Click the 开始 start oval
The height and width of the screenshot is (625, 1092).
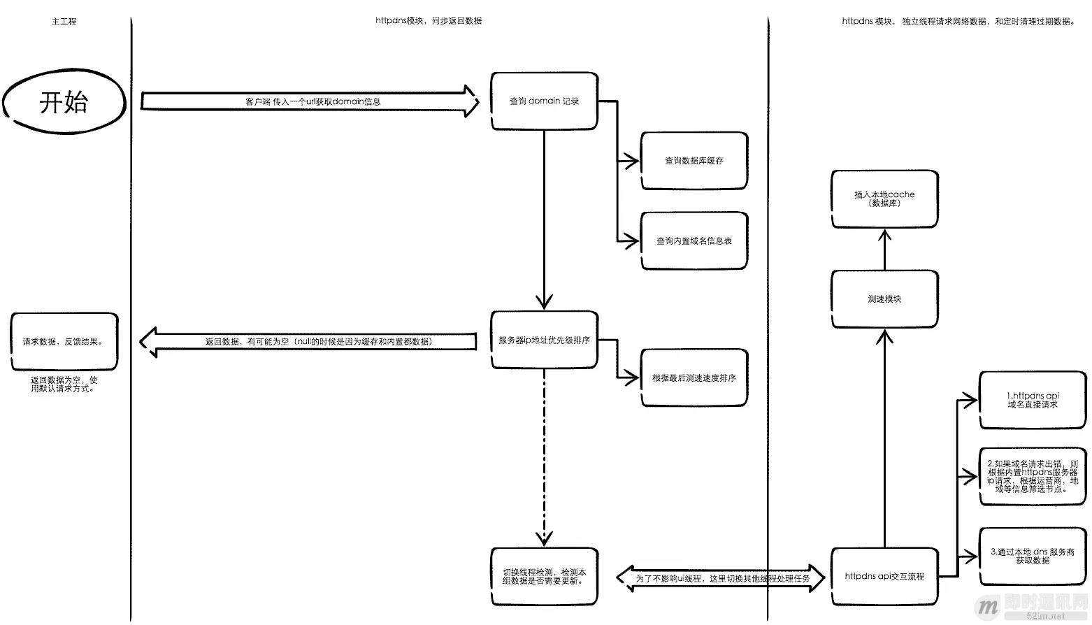pyautogui.click(x=64, y=103)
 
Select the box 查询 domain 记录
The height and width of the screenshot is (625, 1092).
pyautogui.click(x=544, y=101)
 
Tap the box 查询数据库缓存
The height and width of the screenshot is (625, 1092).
pyautogui.click(x=694, y=161)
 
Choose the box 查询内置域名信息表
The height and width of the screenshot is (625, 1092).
pyautogui.click(x=694, y=241)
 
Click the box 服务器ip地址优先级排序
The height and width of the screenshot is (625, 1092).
pyautogui.click(x=544, y=340)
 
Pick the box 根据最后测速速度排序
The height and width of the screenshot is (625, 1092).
pyautogui.click(x=694, y=378)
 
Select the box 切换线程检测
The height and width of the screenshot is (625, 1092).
pyautogui.click(x=544, y=577)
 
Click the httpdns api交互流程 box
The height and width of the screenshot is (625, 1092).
pyautogui.click(x=884, y=577)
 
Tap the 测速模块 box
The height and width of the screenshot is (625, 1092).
pyautogui.click(x=884, y=299)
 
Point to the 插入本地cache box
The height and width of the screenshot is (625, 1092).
pyautogui.click(x=884, y=199)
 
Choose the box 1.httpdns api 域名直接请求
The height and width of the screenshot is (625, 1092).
pyautogui.click(x=1033, y=400)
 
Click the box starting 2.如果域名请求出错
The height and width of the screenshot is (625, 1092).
pyautogui.click(x=1033, y=477)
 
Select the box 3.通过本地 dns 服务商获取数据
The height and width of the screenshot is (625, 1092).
pyautogui.click(x=1033, y=556)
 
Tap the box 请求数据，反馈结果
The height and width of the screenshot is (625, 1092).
pyautogui.click(x=64, y=342)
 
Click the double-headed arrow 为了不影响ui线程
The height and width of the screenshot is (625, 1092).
pyautogui.click(x=721, y=579)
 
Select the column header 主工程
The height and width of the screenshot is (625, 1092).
pyautogui.click(x=64, y=22)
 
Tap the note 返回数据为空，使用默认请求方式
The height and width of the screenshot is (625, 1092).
pyautogui.click(x=64, y=385)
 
